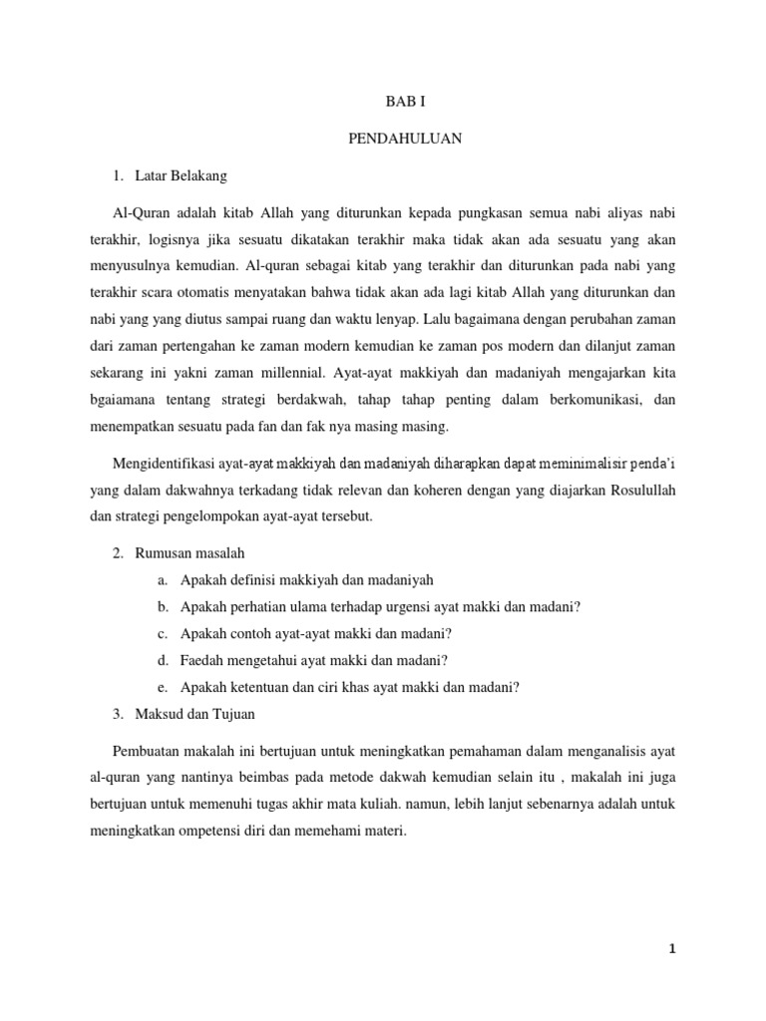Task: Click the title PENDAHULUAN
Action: tap(404, 139)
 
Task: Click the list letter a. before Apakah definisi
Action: tap(163, 580)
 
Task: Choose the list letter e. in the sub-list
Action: tap(163, 686)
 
